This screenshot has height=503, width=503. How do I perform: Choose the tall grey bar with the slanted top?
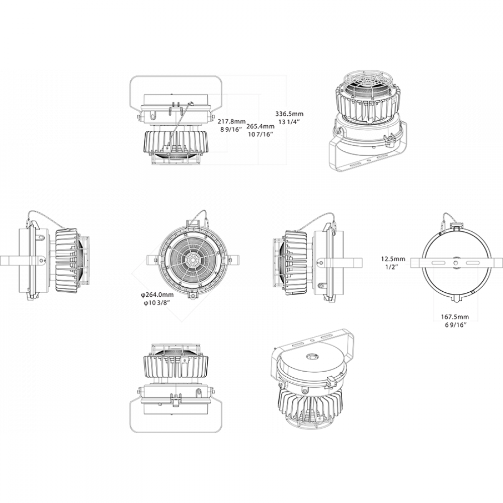392,302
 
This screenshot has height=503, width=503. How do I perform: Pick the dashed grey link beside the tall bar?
417,263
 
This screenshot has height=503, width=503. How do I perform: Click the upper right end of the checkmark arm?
218,288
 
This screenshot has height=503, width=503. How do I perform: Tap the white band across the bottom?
251,468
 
